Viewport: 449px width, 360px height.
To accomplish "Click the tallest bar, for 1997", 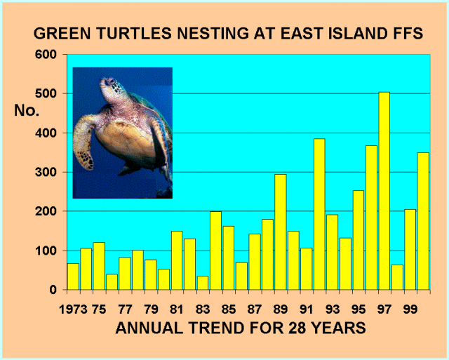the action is pyautogui.click(x=384, y=191).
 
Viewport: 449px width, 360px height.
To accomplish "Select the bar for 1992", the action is pyautogui.click(x=319, y=214).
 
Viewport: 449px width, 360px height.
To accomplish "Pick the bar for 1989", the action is pyautogui.click(x=281, y=232).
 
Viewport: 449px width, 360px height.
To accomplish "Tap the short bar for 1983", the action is pyautogui.click(x=203, y=283).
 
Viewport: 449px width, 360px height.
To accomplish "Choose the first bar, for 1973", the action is pyautogui.click(x=73, y=276).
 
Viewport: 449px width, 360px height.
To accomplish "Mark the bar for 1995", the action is pyautogui.click(x=358, y=240).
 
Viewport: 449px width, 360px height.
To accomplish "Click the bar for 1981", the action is pyautogui.click(x=177, y=260).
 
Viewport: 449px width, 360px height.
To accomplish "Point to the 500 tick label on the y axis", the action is pyautogui.click(x=46, y=93).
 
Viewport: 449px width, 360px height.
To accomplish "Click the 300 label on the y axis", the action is pyautogui.click(x=46, y=172).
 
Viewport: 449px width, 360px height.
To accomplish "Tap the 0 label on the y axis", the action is pyautogui.click(x=53, y=290).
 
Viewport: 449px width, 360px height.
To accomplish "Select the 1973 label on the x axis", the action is pyautogui.click(x=73, y=309).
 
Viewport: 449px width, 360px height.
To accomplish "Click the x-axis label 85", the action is pyautogui.click(x=229, y=309).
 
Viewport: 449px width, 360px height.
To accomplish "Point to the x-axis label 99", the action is pyautogui.click(x=410, y=309).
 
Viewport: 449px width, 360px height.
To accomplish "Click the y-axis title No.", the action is pyautogui.click(x=27, y=110).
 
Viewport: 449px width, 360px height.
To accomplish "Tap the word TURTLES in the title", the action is pyautogui.click(x=134, y=33).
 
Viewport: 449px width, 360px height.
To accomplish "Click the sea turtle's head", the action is pyautogui.click(x=111, y=86).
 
